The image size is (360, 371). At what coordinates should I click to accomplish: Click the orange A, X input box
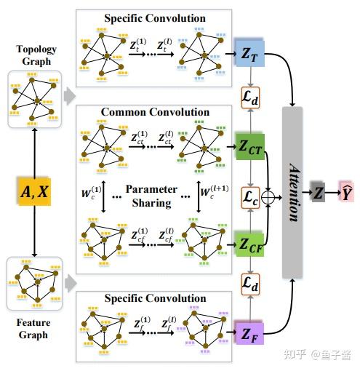pos(34,191)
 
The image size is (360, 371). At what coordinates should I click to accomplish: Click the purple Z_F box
pos(247,335)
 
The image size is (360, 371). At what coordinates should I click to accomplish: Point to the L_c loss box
pos(249,196)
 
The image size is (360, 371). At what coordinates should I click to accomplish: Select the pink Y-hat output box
pos(345,193)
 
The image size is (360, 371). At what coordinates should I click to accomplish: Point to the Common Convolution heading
pos(155,112)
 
